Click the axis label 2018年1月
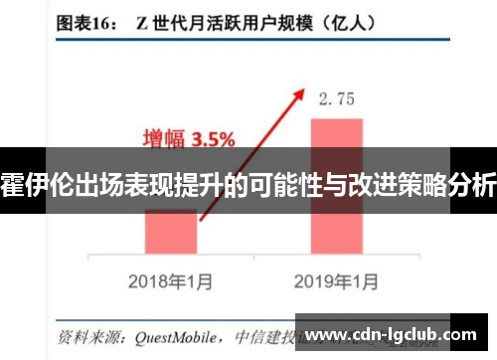tap(170, 281)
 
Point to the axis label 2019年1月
tap(336, 281)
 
